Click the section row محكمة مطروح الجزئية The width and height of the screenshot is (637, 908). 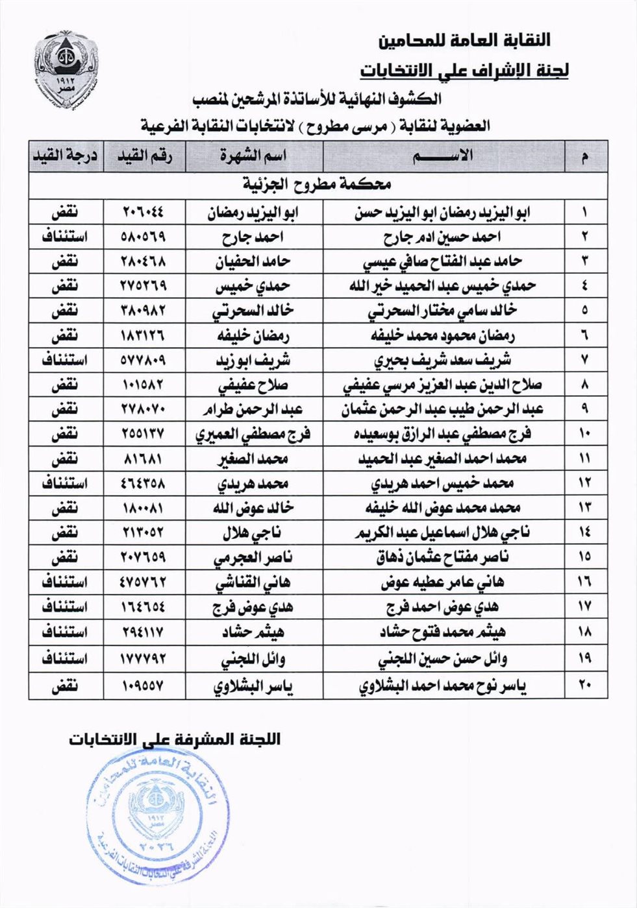(x=318, y=185)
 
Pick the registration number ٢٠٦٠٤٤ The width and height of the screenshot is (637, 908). (x=144, y=212)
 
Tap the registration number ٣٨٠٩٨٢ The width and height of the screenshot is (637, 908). (x=144, y=311)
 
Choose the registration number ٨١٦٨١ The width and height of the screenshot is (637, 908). (x=144, y=459)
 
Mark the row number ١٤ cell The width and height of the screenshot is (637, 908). (x=584, y=532)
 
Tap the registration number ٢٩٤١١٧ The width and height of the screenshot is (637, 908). (x=144, y=631)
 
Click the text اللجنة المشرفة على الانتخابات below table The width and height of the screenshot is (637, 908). (x=175, y=739)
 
